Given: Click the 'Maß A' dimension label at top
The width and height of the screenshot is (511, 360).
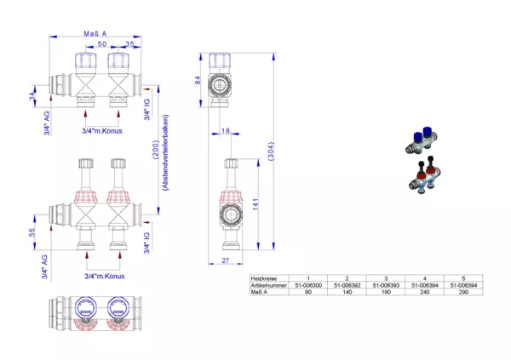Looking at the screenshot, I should (95, 34).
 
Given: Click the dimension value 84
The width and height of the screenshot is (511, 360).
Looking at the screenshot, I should (198, 81).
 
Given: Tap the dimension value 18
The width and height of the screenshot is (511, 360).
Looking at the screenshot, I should (225, 131).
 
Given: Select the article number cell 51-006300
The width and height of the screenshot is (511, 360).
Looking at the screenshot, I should (307, 285).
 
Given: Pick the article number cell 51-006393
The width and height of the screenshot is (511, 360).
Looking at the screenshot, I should (385, 285).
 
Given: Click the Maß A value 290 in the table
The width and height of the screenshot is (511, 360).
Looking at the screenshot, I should (462, 292).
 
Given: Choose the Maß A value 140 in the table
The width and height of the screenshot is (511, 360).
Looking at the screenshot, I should (347, 292).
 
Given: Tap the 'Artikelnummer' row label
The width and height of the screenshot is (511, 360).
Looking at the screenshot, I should (266, 285).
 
